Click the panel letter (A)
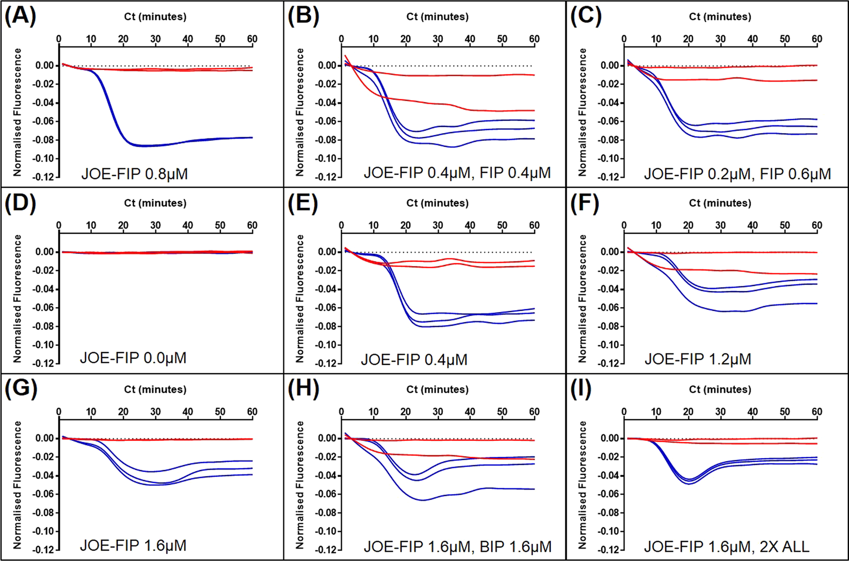pyautogui.click(x=20, y=17)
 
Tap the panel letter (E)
pyautogui.click(x=302, y=203)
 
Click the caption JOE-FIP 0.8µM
pyautogui.click(x=134, y=174)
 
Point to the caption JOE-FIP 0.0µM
pyautogui.click(x=133, y=358)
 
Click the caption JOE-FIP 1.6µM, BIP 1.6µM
pyautogui.click(x=457, y=547)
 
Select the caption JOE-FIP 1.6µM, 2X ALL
pyautogui.click(x=726, y=547)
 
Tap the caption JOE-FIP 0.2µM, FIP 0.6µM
pyautogui.click(x=737, y=174)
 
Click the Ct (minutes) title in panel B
pyautogui.click(x=437, y=17)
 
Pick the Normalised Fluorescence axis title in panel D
pyautogui.click(x=18, y=298)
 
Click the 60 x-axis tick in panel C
pyautogui.click(x=816, y=39)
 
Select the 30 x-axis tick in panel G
pyautogui.click(x=155, y=412)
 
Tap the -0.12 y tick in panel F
pyautogui.click(x=610, y=363)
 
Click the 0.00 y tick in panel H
pyautogui.click(x=328, y=439)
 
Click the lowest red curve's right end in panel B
pyautogui.click(x=534, y=110)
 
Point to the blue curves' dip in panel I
pyautogui.click(x=688, y=482)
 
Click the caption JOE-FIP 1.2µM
pyautogui.click(x=697, y=359)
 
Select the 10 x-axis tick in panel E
pyautogui.click(x=373, y=226)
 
